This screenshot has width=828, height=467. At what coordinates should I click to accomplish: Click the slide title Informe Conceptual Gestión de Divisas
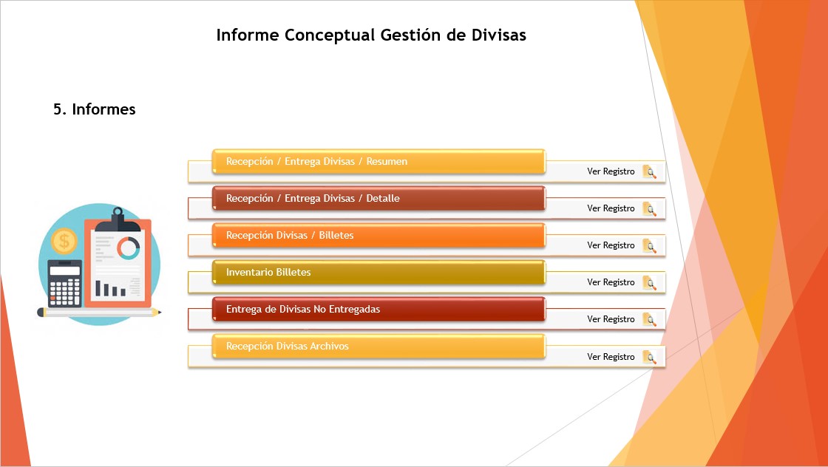(x=371, y=35)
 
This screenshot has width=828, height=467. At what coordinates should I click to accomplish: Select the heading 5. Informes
(x=95, y=109)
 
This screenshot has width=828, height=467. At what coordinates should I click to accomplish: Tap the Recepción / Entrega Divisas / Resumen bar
(x=379, y=162)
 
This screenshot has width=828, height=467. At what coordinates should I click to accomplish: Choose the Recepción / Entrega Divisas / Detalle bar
(x=379, y=199)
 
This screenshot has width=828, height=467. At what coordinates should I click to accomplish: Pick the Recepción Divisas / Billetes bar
(x=379, y=235)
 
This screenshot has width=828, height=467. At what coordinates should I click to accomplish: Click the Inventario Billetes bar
(x=379, y=272)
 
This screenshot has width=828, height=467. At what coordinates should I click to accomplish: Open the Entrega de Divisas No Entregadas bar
(x=379, y=309)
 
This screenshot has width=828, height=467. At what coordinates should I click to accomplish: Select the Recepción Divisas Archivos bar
(x=379, y=346)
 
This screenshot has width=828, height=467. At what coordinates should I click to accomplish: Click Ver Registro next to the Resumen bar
(x=611, y=171)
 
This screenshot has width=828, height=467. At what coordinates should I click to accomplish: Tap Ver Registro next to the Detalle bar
(x=611, y=208)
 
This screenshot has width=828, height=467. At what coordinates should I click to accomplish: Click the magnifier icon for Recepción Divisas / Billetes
(x=650, y=246)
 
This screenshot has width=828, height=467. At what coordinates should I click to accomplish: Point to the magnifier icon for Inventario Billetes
(x=650, y=283)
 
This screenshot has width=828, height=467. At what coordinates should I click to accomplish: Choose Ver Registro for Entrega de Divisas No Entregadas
(x=611, y=319)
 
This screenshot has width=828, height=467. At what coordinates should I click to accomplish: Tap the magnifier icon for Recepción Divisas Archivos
(x=650, y=357)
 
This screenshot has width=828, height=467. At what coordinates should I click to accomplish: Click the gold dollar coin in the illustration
(x=64, y=242)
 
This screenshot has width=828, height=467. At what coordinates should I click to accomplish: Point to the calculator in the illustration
(x=65, y=283)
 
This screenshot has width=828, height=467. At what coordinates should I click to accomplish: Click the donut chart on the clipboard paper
(x=129, y=248)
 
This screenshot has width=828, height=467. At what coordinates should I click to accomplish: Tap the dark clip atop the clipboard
(x=118, y=220)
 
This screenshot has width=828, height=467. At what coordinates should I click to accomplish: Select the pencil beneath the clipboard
(x=99, y=313)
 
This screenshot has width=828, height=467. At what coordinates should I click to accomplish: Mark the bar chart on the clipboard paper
(x=110, y=289)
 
